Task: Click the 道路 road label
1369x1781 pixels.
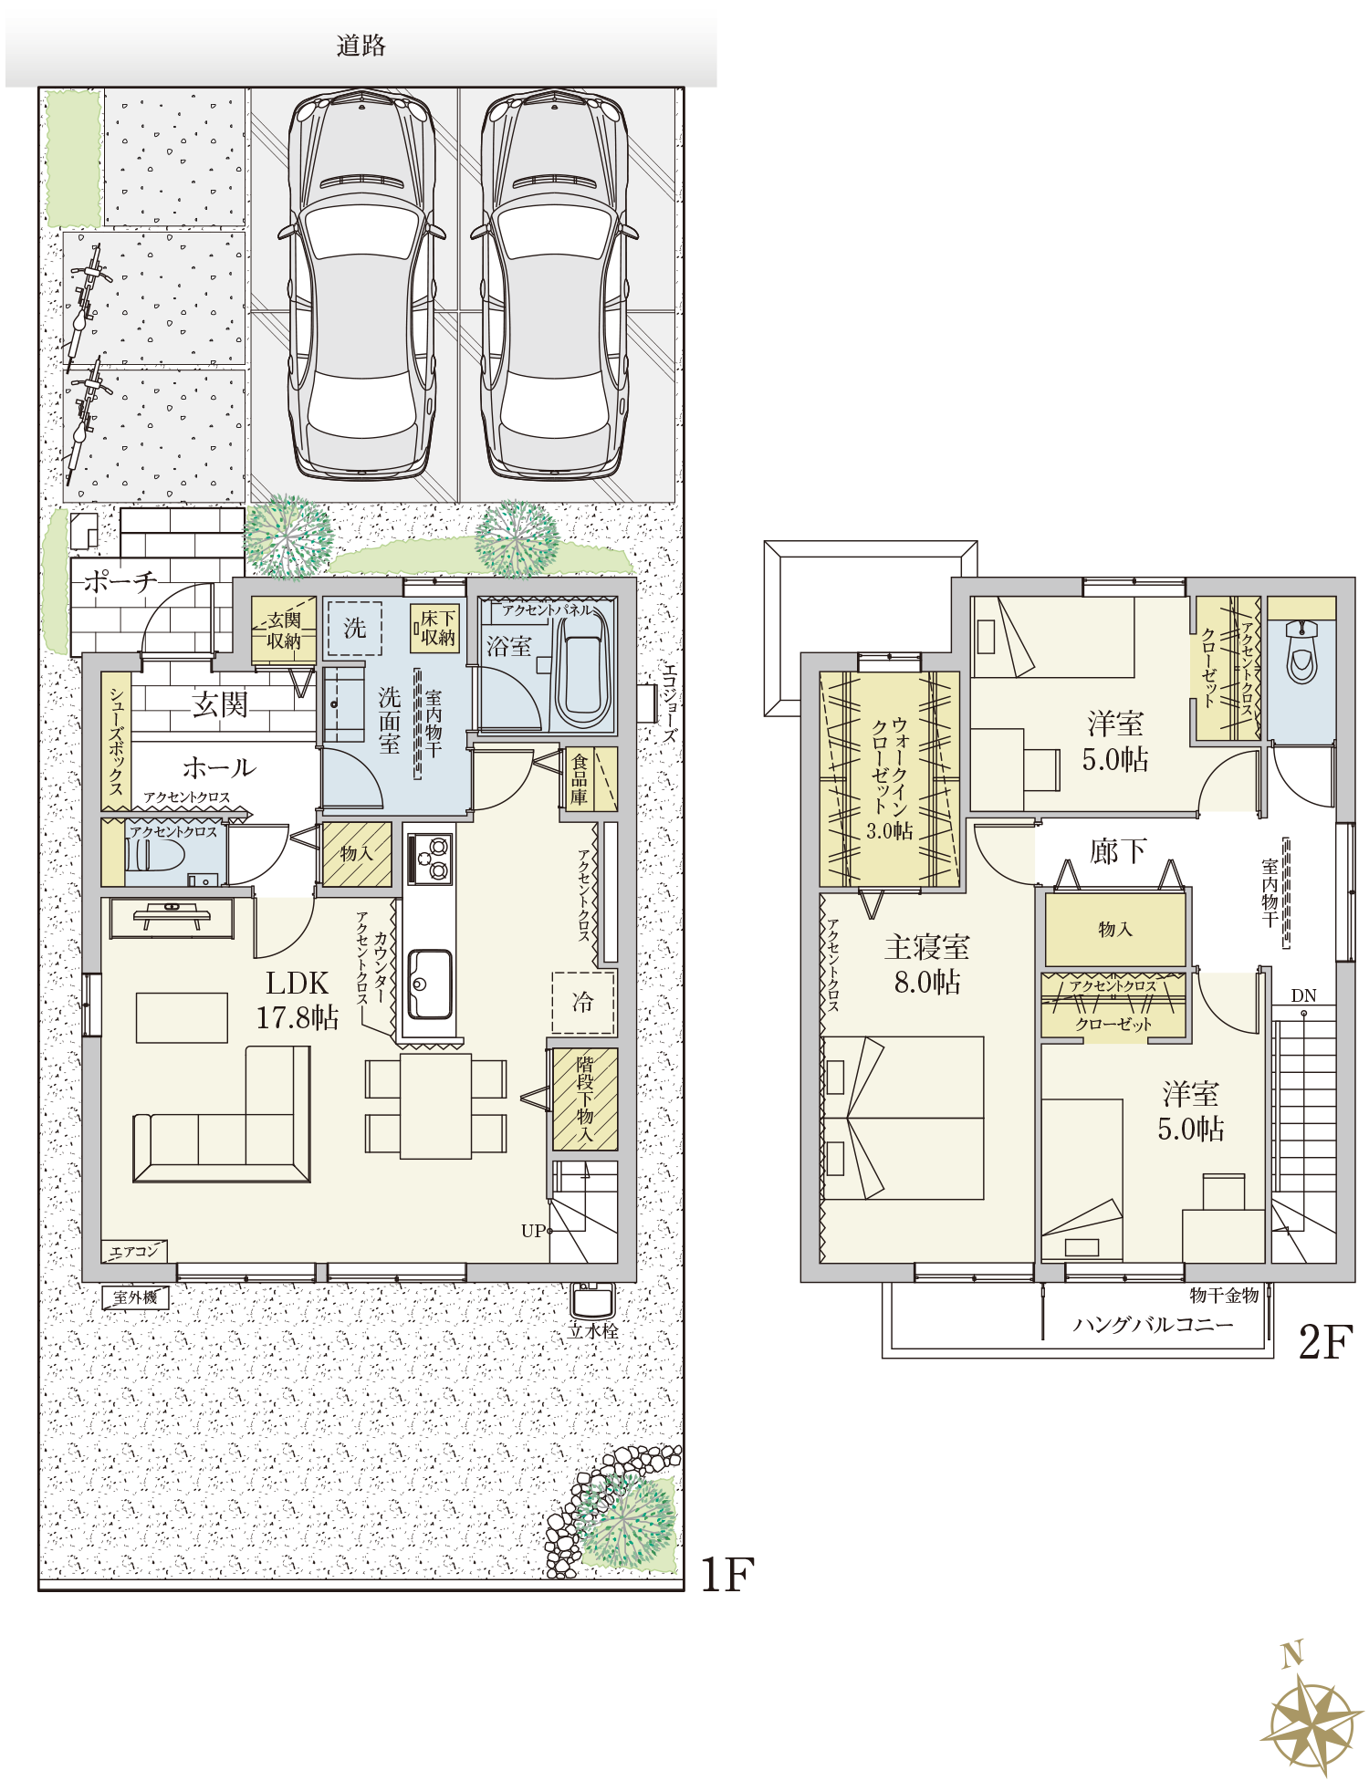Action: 361,45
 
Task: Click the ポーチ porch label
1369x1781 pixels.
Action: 120,581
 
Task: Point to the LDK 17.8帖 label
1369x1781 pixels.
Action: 298,1000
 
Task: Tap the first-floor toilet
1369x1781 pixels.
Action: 156,856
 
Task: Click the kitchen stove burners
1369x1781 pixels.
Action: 429,859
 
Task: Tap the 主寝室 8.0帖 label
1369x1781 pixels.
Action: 927,964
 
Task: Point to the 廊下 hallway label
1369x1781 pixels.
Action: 1118,851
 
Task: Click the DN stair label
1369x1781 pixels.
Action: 1303,995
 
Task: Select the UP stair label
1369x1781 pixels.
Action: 534,1231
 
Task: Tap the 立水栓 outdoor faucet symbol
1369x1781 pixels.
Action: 593,1299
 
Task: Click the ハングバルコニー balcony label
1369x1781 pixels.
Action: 1153,1324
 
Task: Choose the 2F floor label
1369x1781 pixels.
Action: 1324,1342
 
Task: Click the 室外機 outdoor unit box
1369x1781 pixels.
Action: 135,1297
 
